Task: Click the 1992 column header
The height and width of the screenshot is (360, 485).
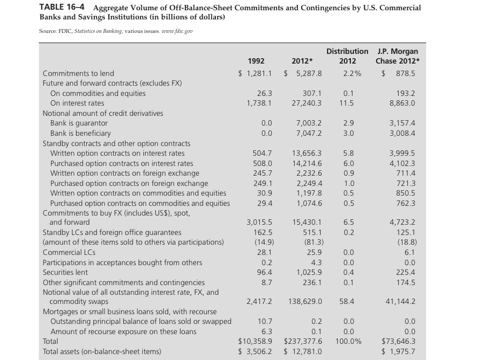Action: pos(256,61)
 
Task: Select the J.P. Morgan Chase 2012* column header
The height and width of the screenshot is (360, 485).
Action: pos(398,56)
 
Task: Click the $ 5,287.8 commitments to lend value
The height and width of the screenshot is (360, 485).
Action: pos(303,73)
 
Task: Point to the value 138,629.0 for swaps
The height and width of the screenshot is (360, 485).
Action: pos(306,301)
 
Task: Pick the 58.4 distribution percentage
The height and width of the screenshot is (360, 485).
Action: pos(347,301)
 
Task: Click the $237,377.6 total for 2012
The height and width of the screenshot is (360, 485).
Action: pos(303,341)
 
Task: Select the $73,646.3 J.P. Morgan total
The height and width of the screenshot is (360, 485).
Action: pos(398,341)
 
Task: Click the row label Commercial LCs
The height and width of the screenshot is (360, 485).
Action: pos(69,252)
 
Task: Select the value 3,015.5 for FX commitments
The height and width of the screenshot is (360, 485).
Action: pos(259,222)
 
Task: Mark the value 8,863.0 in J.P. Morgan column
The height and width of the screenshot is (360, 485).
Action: pos(402,103)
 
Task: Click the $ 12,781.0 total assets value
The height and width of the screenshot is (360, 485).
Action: pos(303,351)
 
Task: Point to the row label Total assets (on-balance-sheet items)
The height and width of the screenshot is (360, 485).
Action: pos(102,351)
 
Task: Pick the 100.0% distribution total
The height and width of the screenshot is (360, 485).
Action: pos(348,341)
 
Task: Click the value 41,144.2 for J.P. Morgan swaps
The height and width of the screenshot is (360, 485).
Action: pos(400,301)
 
